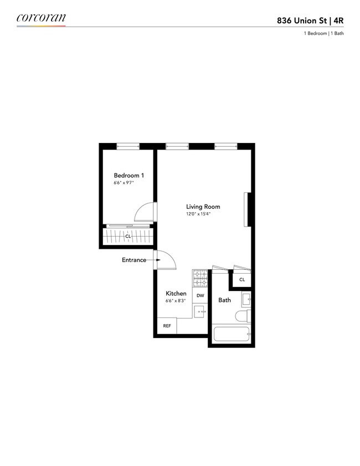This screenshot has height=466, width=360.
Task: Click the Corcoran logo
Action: [41, 18]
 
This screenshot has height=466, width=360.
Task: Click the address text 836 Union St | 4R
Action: [310, 21]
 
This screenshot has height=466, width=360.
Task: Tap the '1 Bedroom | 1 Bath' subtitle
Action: [324, 33]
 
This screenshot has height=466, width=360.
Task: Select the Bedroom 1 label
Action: [129, 175]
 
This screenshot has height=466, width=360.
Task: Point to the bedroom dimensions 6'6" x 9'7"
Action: [124, 183]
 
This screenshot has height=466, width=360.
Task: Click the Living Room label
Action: [203, 207]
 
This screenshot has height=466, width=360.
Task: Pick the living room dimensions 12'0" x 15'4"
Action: [198, 214]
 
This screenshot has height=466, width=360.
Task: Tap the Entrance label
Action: [134, 260]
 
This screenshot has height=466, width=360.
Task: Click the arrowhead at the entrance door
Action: [158, 260]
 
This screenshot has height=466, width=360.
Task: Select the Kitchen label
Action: [176, 293]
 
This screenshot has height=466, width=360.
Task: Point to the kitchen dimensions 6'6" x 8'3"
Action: [176, 300]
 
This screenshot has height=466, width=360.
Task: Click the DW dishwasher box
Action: [200, 295]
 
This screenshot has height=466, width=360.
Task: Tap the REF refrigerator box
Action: [167, 326]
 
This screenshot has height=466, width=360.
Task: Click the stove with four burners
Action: [200, 279]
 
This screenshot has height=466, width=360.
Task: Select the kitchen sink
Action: [200, 311]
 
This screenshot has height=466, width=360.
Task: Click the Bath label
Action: [224, 300]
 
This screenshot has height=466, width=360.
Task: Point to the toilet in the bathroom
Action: [243, 316]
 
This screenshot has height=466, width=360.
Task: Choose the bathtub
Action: [232, 335]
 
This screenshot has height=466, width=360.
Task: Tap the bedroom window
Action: [128, 146]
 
